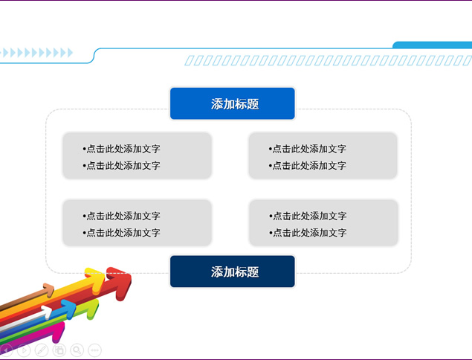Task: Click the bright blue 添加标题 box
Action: point(233,103)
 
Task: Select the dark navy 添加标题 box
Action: point(233,271)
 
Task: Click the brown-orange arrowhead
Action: point(49,290)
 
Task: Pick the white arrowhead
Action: point(47,312)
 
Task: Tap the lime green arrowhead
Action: point(92,309)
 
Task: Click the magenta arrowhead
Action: point(59,332)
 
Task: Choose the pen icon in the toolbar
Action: point(42,350)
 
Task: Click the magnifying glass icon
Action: point(77,350)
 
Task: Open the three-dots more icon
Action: point(94,350)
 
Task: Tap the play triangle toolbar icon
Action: point(24,350)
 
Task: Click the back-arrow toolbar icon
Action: point(6,350)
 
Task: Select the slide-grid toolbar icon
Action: point(59,350)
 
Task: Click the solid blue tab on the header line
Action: point(433,45)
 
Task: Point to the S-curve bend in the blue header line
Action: point(94,56)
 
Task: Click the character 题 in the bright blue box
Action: point(253,104)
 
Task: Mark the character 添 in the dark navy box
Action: point(217,271)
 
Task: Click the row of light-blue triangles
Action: point(36,52)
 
